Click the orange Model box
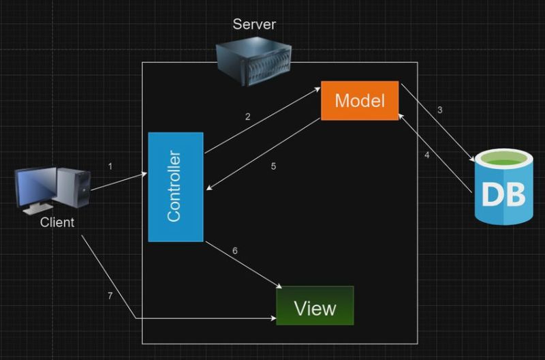(x=360, y=101)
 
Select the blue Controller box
(x=175, y=187)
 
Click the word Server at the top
(x=254, y=24)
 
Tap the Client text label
(x=57, y=222)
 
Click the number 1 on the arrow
(x=110, y=166)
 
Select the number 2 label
(x=247, y=117)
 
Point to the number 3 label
(x=440, y=110)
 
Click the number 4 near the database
(x=427, y=155)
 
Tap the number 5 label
(x=273, y=166)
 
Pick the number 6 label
(x=235, y=251)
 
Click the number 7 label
(x=110, y=295)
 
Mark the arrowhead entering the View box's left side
(x=272, y=318)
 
